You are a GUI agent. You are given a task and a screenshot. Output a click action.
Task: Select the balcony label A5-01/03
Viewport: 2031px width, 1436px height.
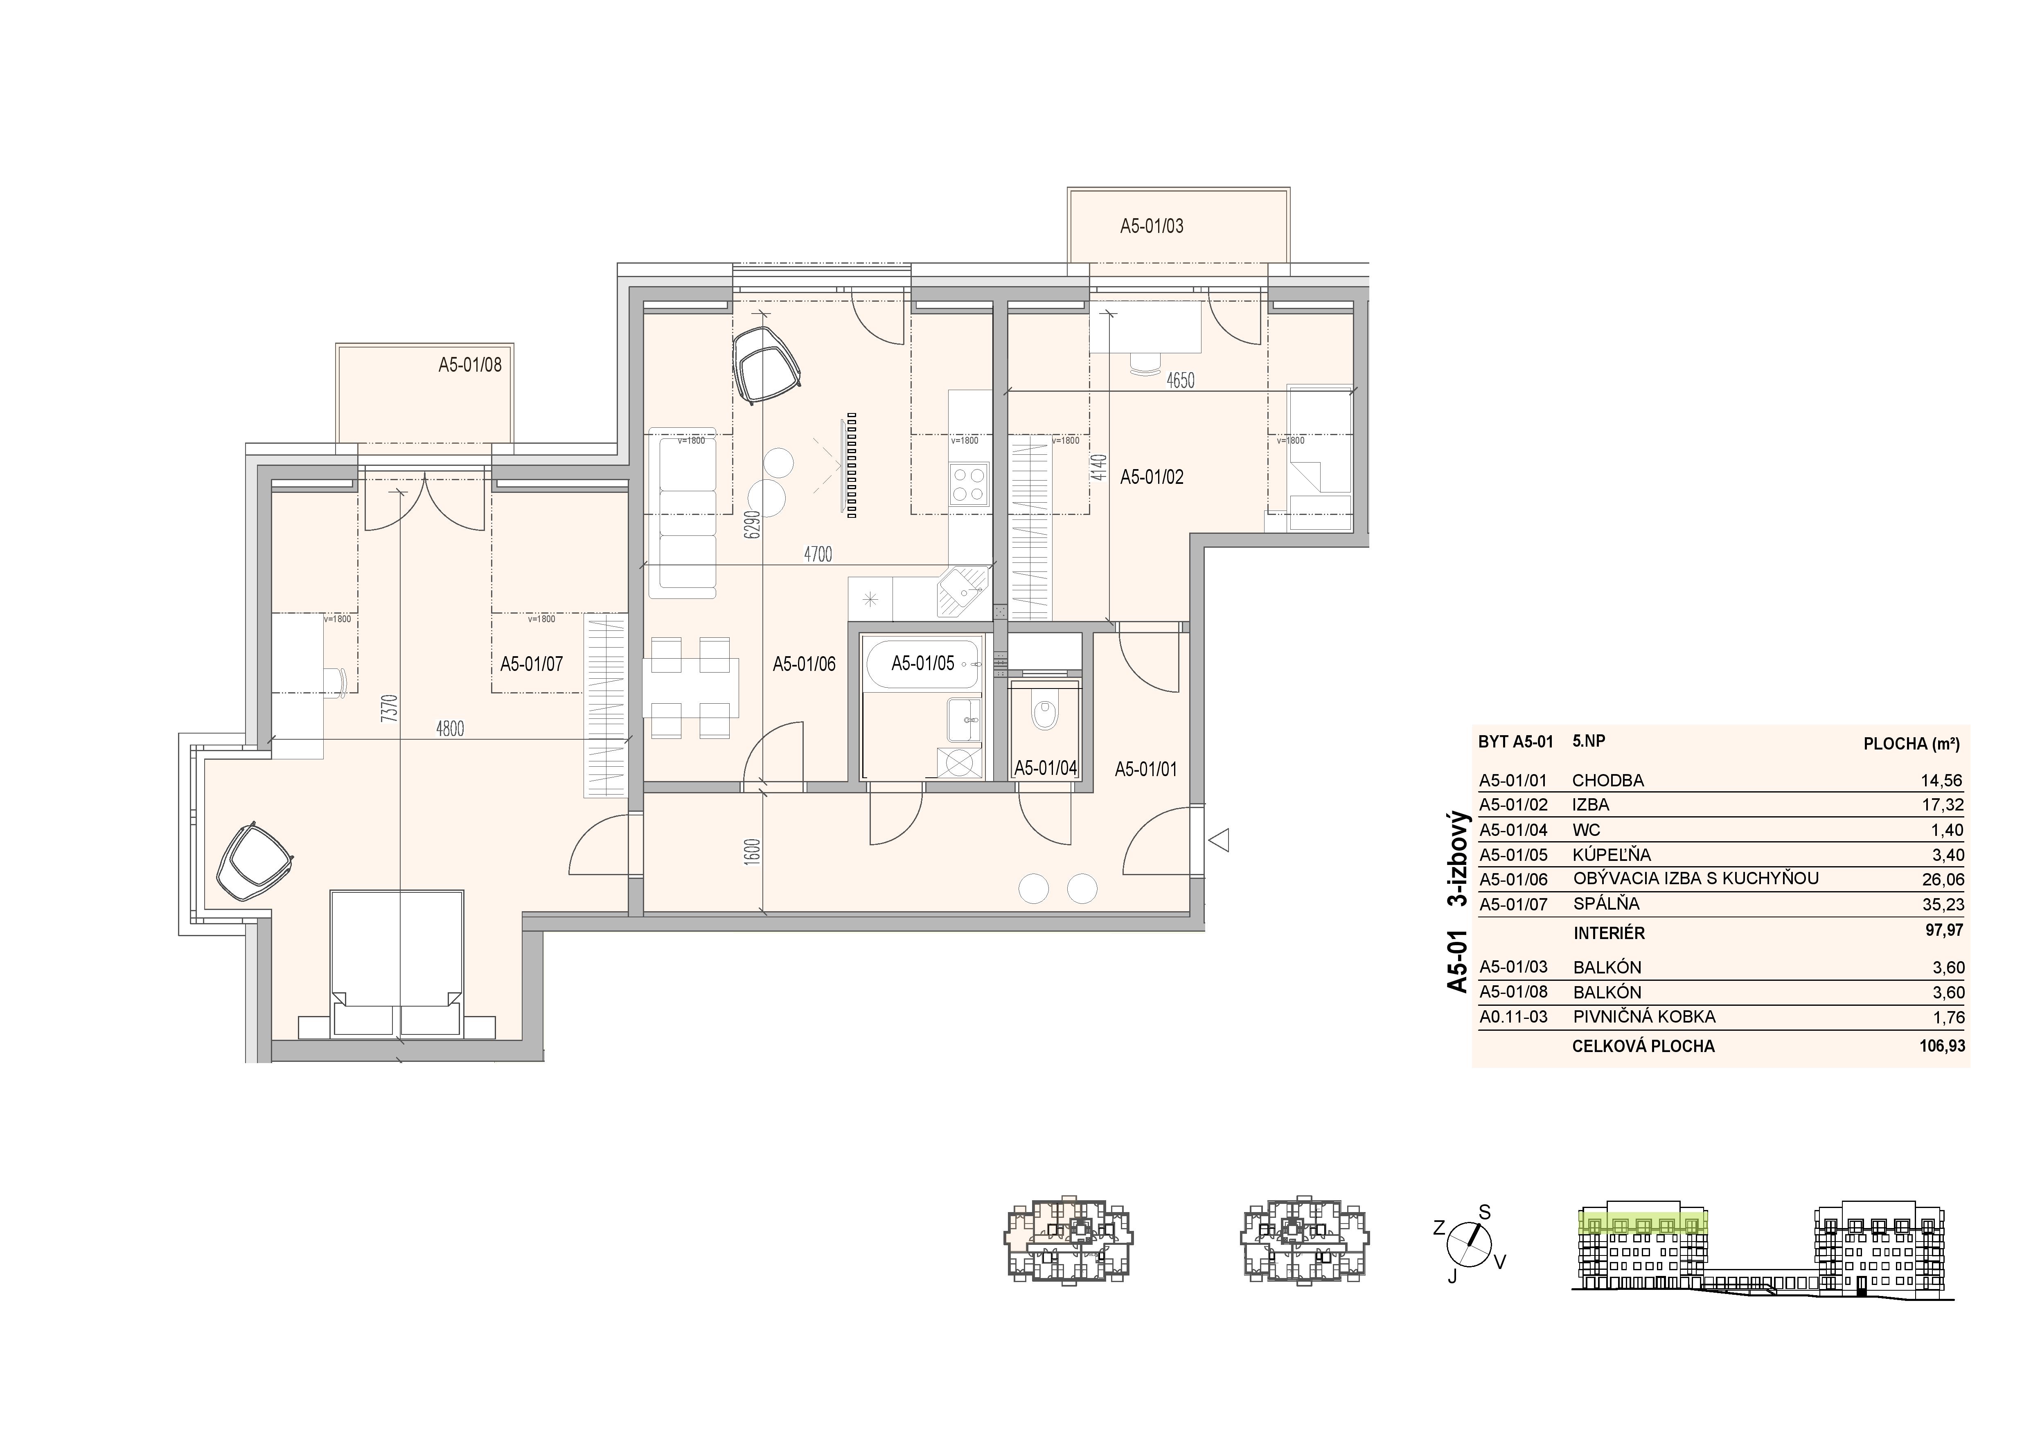coord(1152,226)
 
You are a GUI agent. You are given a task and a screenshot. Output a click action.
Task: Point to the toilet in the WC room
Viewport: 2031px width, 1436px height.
coord(1045,713)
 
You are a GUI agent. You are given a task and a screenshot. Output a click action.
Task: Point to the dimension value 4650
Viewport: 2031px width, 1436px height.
coord(1180,380)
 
